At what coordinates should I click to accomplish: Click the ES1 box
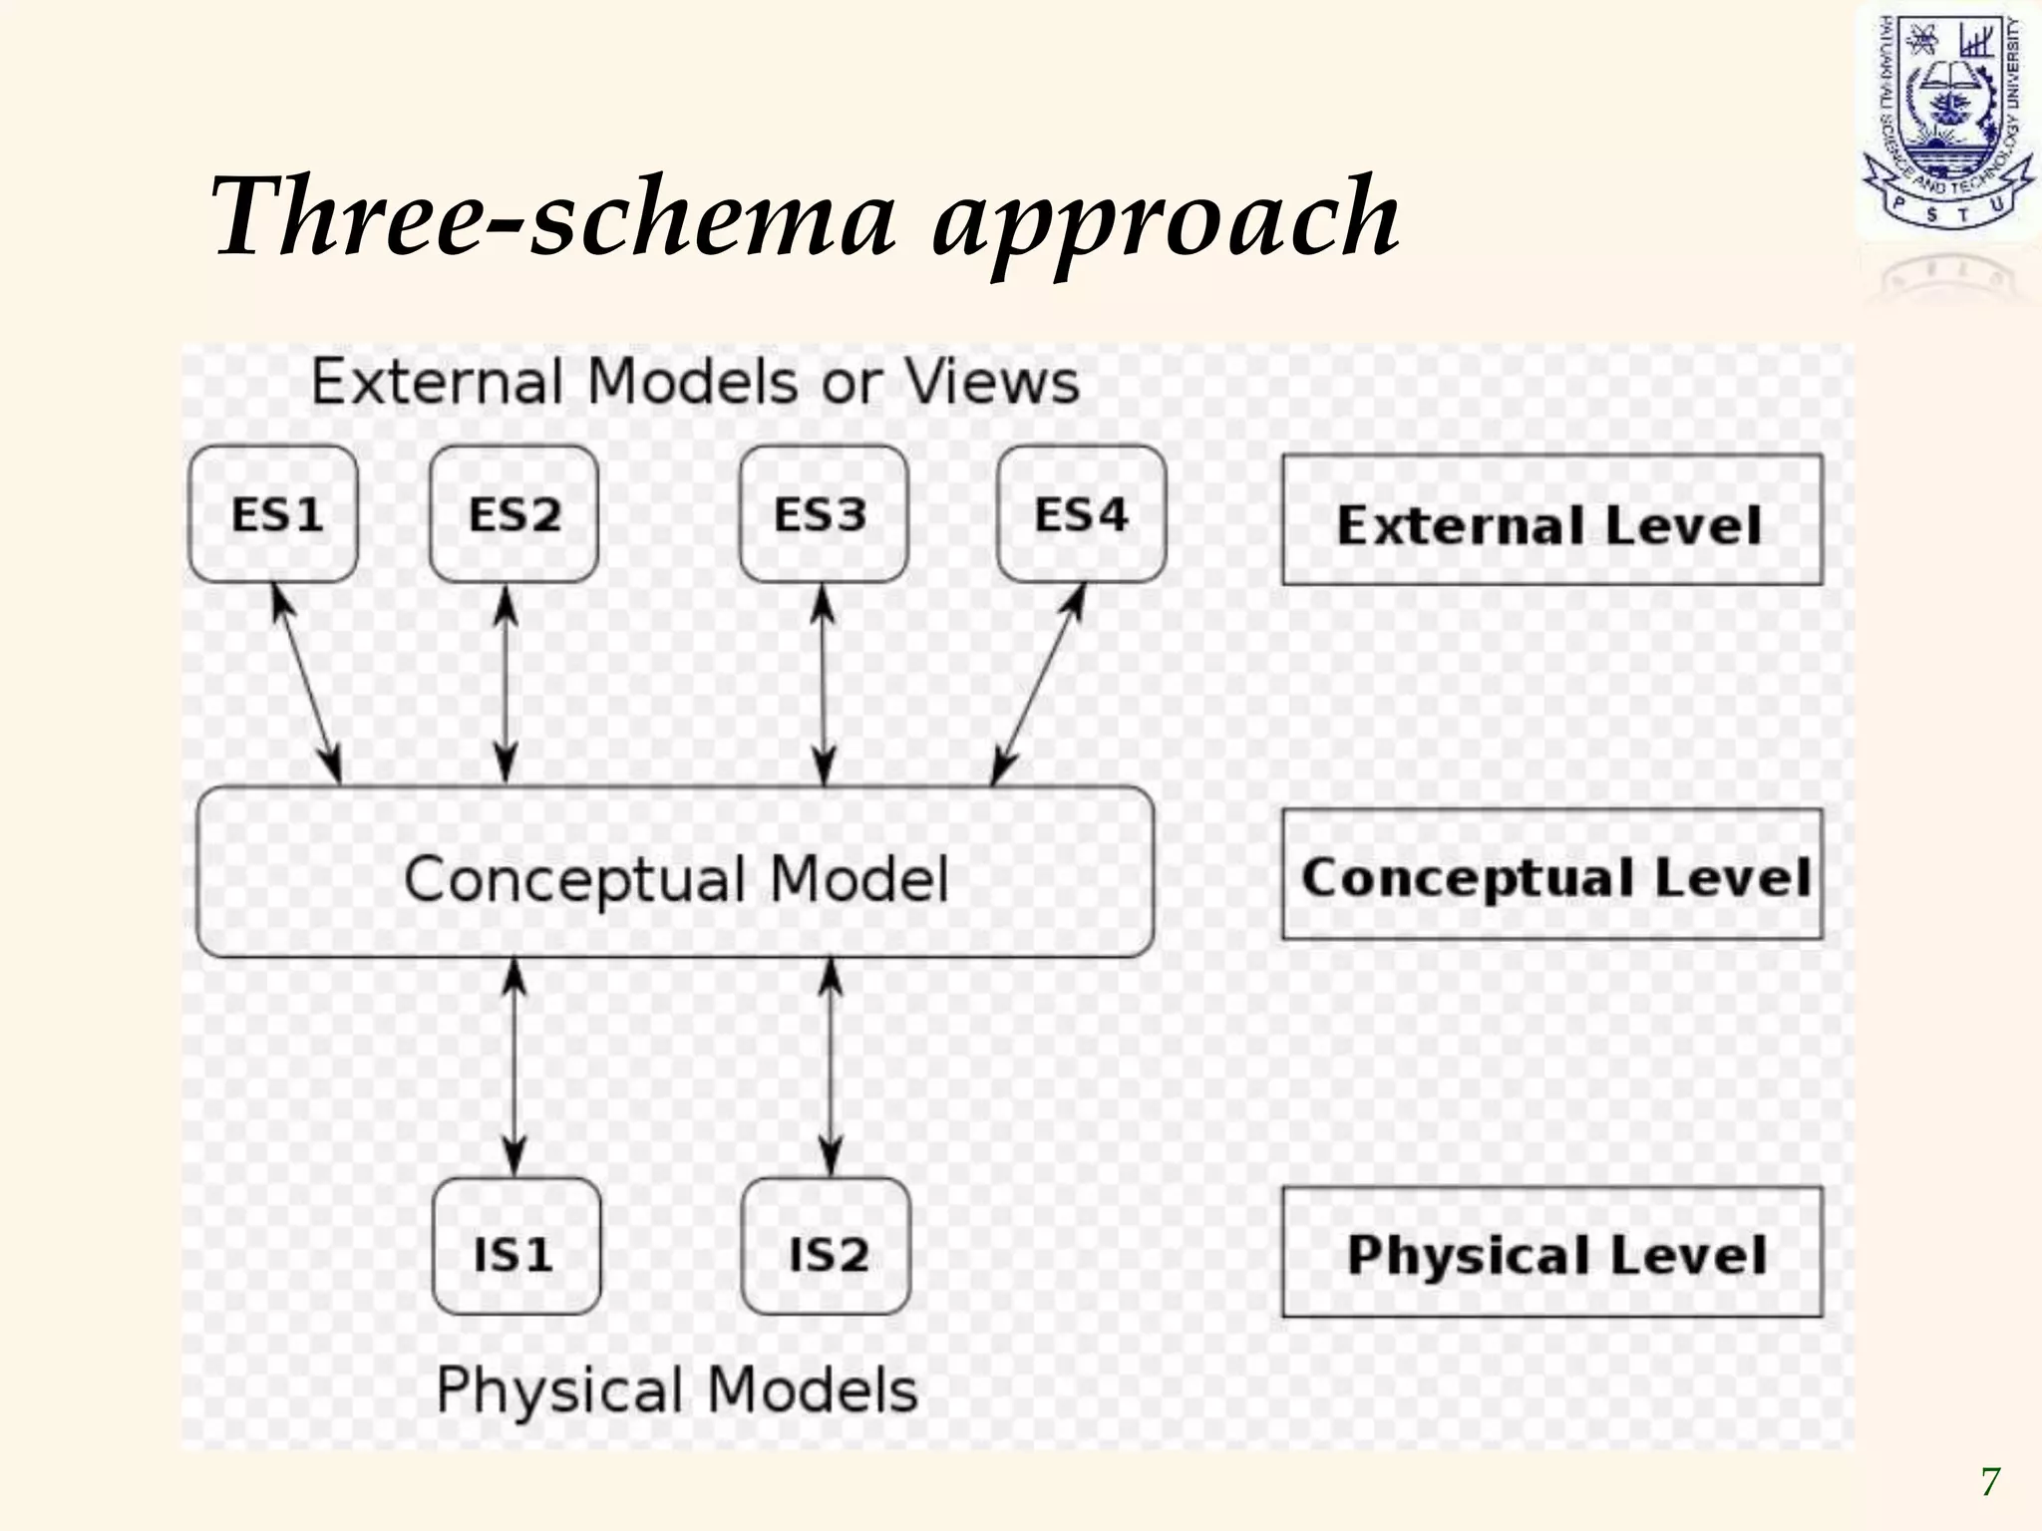pos(273,514)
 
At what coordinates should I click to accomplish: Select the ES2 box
pos(513,514)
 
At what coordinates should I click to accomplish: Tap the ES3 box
pos(824,514)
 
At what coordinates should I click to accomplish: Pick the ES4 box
pos(1082,514)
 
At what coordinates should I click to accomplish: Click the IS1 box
pos(516,1247)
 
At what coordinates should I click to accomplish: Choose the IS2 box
pos(827,1247)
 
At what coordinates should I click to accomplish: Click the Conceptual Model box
pos(675,873)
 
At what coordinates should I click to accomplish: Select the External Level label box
pos(1551,520)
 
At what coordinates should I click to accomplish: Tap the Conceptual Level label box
pos(1551,874)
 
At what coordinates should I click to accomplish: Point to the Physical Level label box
pos(1551,1252)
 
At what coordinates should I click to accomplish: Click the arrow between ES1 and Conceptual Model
pos(307,685)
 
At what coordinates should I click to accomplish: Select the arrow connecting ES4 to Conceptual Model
pos(1038,685)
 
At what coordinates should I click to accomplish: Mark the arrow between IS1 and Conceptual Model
pos(513,1067)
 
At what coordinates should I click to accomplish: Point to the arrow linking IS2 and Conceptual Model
pos(831,1067)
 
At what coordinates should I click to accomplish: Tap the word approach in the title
pos(1165,221)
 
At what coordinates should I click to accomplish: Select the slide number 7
pos(1990,1482)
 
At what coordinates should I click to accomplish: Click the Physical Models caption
pos(677,1389)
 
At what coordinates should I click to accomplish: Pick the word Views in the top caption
pos(991,381)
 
